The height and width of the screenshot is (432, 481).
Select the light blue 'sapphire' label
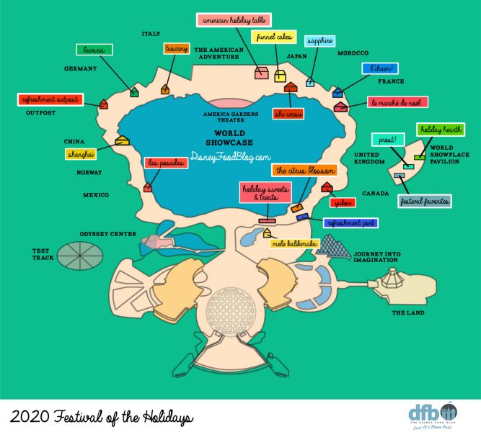(319, 42)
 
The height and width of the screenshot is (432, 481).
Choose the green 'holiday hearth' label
(440, 130)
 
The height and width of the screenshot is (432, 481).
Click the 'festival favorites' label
(425, 202)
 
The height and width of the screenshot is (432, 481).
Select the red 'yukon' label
(343, 203)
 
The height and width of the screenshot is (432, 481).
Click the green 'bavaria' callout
(97, 50)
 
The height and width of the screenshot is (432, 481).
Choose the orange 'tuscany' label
(177, 49)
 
